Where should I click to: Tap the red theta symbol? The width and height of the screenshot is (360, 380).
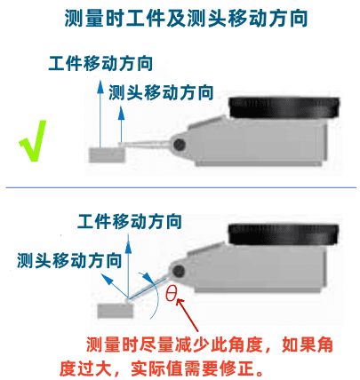(x=172, y=294)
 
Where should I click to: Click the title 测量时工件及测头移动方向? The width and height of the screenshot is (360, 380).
(x=186, y=19)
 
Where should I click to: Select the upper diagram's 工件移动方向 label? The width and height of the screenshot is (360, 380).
(x=100, y=63)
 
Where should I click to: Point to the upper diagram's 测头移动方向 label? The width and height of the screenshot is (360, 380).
(x=161, y=92)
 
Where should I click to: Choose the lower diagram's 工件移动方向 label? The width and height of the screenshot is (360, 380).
(x=130, y=221)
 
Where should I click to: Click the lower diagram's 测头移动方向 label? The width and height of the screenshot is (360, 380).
(x=69, y=260)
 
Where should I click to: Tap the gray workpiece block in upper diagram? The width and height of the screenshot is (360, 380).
(x=107, y=154)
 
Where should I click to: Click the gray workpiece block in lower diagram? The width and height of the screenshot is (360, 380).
(x=116, y=311)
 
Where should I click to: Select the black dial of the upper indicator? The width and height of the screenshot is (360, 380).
(x=284, y=107)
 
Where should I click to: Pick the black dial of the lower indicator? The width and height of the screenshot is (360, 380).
(x=284, y=234)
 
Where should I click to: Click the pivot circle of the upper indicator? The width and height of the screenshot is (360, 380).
(x=180, y=145)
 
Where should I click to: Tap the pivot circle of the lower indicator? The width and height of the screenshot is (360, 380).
(x=179, y=271)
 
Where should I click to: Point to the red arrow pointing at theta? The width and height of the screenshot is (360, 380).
(x=188, y=315)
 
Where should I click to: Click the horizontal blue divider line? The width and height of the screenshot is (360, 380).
(x=181, y=187)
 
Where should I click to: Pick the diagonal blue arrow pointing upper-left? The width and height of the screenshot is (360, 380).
(x=115, y=286)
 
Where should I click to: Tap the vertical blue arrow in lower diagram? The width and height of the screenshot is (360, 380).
(x=128, y=265)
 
